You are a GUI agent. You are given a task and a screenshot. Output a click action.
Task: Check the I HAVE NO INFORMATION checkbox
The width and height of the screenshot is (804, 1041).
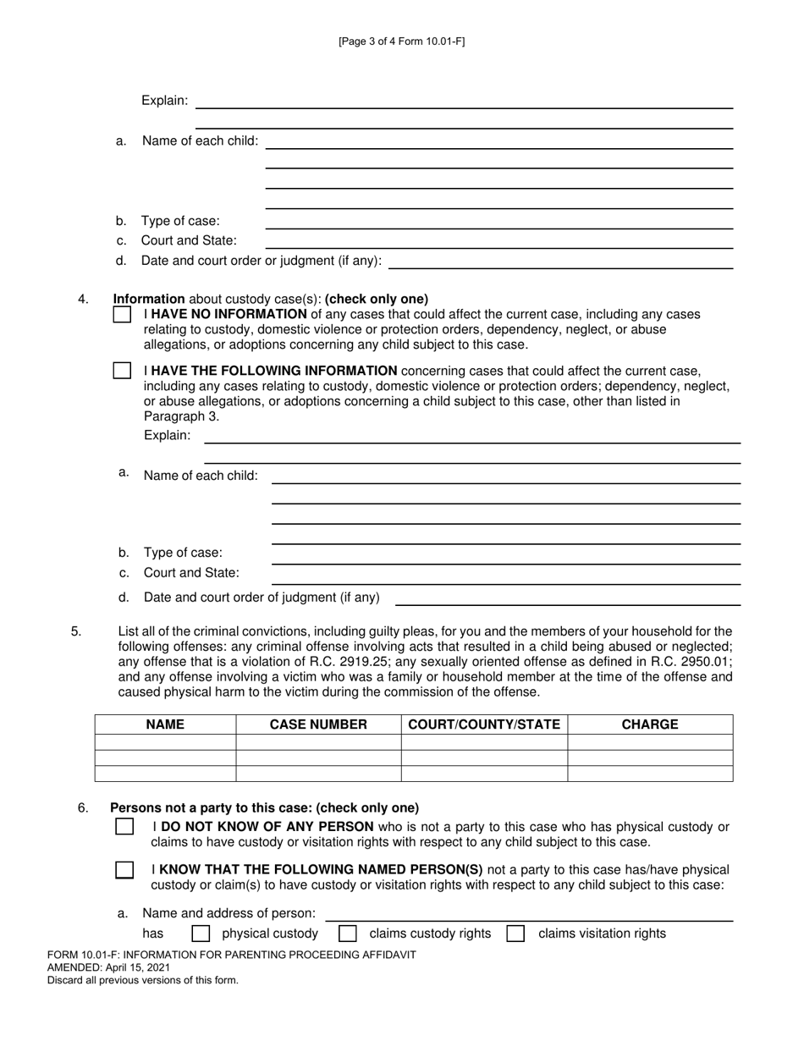(122, 315)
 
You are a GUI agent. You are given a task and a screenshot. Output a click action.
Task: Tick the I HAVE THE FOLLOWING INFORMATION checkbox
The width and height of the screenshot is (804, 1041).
(122, 371)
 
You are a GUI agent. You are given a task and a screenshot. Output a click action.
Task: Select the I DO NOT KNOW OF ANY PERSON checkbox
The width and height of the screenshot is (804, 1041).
(124, 827)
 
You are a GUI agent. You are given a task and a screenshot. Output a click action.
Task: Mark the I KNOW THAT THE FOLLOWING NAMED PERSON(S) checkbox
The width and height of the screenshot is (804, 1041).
(124, 870)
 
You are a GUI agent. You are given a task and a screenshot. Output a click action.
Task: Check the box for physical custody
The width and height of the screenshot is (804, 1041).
(201, 934)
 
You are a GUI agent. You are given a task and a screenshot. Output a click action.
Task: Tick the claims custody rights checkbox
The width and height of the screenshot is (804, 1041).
(347, 934)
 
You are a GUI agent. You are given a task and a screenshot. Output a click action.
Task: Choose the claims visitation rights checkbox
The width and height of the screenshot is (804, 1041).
(515, 934)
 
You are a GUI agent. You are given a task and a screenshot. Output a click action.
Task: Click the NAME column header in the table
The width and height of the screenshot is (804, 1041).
(165, 724)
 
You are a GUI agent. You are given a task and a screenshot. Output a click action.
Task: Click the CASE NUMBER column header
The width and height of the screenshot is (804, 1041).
(318, 724)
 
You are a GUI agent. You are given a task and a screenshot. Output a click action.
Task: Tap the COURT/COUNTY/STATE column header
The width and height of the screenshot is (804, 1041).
(484, 724)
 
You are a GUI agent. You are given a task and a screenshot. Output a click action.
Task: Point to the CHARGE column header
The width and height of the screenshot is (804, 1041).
(650, 724)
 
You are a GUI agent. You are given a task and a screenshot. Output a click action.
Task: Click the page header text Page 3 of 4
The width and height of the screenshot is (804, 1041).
(401, 41)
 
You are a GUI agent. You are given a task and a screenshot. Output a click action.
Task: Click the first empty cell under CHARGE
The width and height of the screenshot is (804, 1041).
(650, 742)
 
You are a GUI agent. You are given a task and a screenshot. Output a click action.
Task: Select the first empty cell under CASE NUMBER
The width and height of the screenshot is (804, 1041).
(318, 742)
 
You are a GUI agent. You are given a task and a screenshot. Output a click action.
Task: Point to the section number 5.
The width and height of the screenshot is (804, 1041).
(76, 631)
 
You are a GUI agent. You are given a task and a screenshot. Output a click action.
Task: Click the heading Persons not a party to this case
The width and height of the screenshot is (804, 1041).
(264, 807)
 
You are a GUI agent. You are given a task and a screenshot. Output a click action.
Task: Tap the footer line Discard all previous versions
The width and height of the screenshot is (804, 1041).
(143, 980)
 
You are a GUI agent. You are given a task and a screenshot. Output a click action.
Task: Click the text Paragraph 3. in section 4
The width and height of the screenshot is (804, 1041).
(181, 416)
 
